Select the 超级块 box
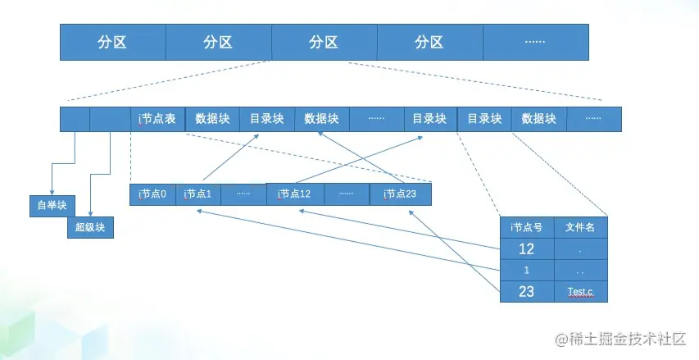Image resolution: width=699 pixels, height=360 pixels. (90, 227)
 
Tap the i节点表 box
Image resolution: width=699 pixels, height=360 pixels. (158, 119)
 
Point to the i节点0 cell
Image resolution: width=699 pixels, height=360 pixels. (152, 194)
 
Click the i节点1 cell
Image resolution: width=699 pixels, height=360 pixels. (198, 194)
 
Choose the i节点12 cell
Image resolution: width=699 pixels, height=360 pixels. (295, 194)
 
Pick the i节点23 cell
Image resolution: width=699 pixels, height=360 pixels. (401, 194)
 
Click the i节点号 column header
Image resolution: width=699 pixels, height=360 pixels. (527, 227)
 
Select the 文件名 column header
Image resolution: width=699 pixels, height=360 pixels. (580, 227)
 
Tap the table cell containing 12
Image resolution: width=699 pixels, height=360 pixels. (527, 248)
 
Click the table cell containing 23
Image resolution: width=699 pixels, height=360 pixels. (527, 291)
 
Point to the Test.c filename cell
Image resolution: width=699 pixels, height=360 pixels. (580, 291)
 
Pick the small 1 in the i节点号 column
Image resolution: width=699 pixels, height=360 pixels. (527, 270)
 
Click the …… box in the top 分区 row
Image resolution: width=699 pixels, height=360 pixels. (535, 42)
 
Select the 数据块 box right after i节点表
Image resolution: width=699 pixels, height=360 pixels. (212, 119)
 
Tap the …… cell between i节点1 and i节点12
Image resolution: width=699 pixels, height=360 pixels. (243, 194)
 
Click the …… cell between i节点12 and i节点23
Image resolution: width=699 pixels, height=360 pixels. (347, 194)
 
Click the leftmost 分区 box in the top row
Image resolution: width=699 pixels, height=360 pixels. (113, 42)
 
